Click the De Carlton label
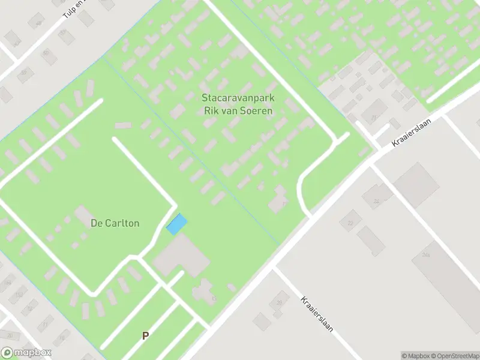115,223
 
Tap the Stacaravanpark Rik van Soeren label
238,103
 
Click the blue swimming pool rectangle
176,224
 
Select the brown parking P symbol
145,336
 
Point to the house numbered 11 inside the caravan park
279,200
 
